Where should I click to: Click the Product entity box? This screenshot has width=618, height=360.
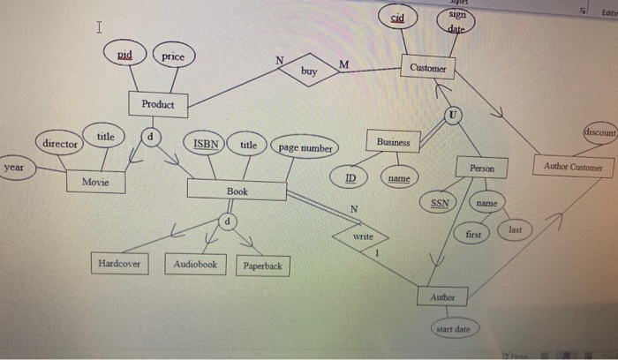158,104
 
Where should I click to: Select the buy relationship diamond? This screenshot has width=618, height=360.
308,70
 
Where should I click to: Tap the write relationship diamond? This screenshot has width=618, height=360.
362,238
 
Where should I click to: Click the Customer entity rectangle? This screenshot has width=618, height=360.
428,68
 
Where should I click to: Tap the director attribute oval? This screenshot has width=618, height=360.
60,143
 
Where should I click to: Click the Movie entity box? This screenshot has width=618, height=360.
95,181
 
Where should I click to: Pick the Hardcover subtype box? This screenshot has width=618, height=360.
120,263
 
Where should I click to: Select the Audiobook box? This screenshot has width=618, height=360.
195,264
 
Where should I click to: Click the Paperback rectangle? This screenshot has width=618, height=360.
261,266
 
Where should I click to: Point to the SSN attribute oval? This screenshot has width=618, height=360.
439,204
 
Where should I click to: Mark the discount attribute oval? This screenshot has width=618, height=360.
599,132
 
